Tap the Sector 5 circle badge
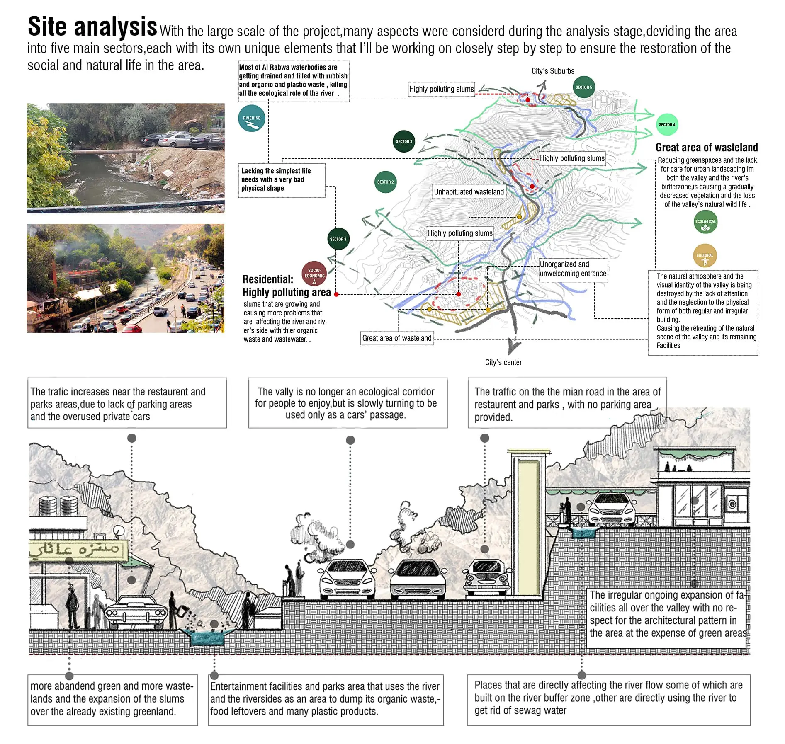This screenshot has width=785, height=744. coord(583,87)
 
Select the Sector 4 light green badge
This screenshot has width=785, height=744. coord(667,124)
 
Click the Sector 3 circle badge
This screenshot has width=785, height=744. coord(403,141)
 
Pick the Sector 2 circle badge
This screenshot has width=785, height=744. coord(385,182)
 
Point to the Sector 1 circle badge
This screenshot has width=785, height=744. coord(338,239)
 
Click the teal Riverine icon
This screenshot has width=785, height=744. coord(252,118)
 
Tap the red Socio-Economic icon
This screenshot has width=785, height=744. coord(314,274)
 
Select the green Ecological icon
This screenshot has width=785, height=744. coord(705,222)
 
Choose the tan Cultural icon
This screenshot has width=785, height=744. coord(705,256)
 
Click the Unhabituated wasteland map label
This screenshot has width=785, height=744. coord(469,192)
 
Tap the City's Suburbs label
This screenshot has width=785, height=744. coord(553,71)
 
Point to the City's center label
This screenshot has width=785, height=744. coord(503,362)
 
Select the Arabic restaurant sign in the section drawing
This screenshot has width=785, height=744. coord(78,550)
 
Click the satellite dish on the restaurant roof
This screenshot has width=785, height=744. coord(119,531)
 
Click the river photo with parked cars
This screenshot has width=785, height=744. coord(126,158)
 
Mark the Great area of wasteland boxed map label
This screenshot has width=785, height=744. coord(397,338)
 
